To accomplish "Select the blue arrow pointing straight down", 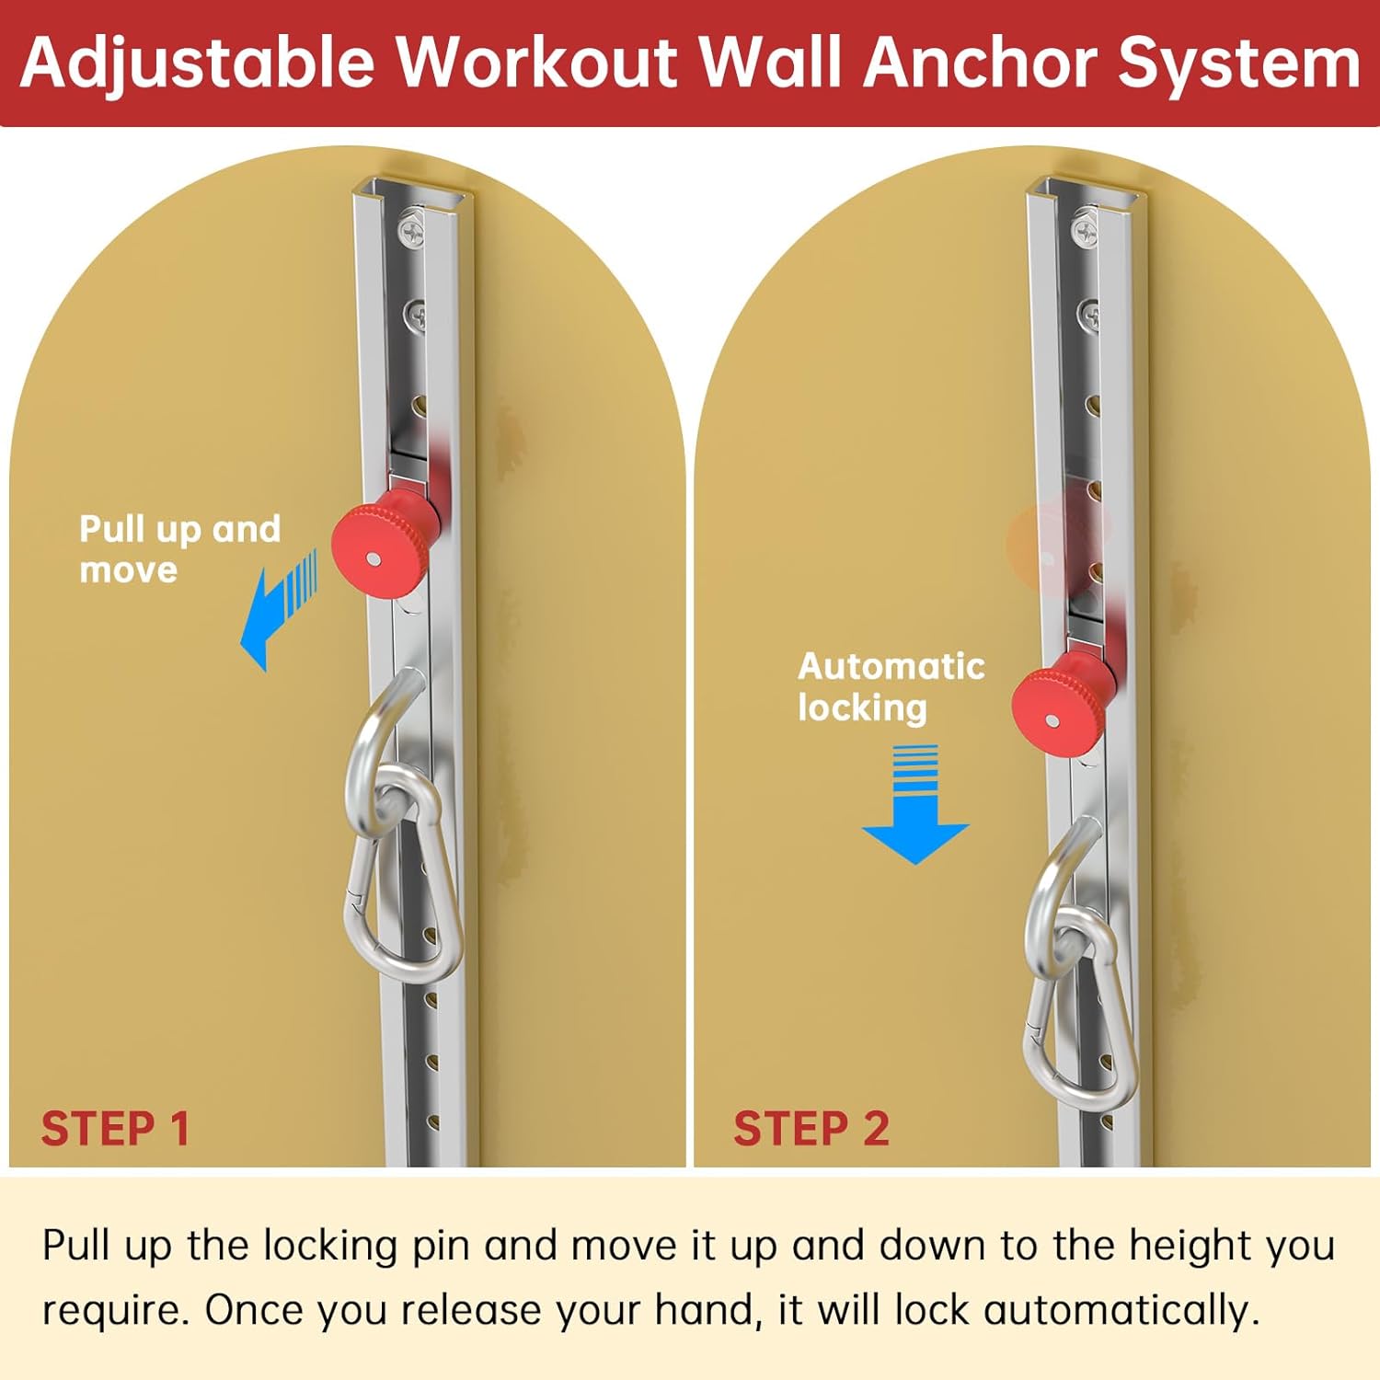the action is click(915, 804).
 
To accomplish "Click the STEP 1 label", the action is click(115, 1129).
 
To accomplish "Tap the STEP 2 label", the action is click(811, 1129).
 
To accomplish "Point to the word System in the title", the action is click(1238, 63).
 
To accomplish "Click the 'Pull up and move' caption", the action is click(179, 549).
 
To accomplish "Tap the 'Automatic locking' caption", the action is click(891, 686).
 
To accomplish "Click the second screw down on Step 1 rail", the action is click(416, 316).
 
